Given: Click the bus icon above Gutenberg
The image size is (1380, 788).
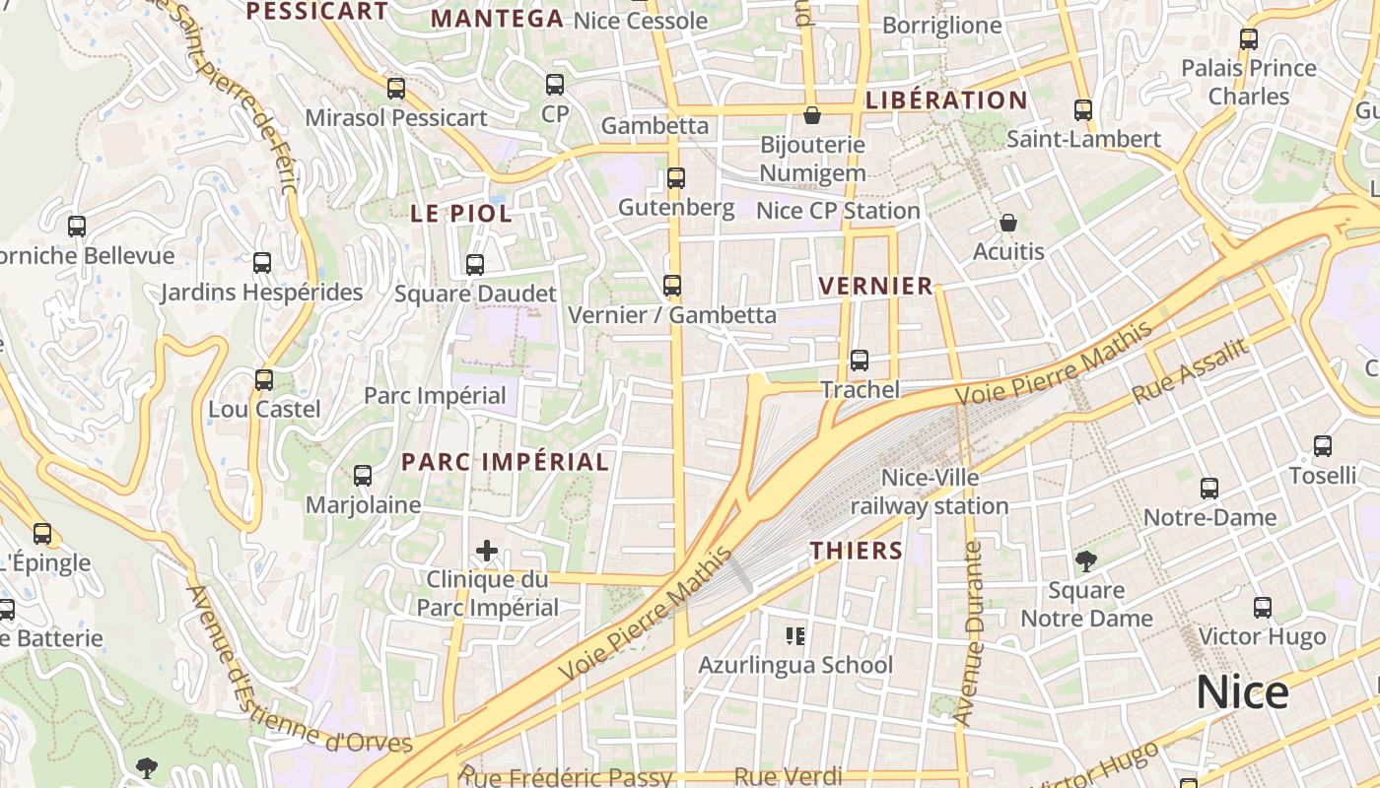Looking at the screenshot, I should pos(675,178).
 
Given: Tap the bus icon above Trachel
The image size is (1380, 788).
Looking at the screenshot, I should pos(860,361).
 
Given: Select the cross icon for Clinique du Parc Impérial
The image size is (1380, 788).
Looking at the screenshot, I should pos(487,550).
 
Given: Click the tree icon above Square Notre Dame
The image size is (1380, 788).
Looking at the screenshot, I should pos(1086,561).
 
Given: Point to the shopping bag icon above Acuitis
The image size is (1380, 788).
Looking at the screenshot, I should pos(1007,224).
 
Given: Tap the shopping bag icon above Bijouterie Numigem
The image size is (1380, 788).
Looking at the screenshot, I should pos(812,116).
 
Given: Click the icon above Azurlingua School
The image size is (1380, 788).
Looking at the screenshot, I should pos(795,636).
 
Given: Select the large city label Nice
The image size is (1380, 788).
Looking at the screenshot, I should pos(1242,692).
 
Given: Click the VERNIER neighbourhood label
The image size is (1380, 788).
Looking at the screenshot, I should pos(876,287).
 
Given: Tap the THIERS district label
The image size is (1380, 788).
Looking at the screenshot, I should pos(857,551).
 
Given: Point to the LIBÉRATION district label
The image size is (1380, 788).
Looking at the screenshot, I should pos(946,100).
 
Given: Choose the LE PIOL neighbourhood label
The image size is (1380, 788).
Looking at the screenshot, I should pos(461,214).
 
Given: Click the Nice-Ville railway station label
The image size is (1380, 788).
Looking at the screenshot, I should pos(930,492).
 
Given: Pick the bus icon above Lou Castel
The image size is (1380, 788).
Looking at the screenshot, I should pos(264,380).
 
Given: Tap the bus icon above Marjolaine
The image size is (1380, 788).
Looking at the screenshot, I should pos(363,476).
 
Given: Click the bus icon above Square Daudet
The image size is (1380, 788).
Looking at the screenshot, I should pos(475,265).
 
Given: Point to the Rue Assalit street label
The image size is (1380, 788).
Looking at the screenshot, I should pos(1191,370).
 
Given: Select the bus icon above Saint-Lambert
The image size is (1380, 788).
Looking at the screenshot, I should pos(1083,110).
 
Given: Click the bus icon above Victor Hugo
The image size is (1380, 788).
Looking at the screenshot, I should pos(1262,608).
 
